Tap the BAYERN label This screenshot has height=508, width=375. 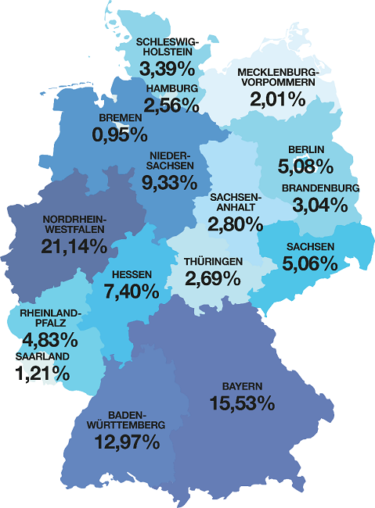coord(241,386)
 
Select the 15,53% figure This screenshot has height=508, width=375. coord(242,403)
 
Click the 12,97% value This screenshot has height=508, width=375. coord(128,442)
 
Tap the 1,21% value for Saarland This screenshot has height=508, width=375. coord(42,374)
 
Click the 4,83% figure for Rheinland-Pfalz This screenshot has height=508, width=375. coord(50,340)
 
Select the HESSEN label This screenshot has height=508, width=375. coord(132,275)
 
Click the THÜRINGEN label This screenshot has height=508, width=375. coord(214,261)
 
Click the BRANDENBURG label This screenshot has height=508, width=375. coord(320,188)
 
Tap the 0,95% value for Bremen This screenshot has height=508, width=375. coord(120,135)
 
